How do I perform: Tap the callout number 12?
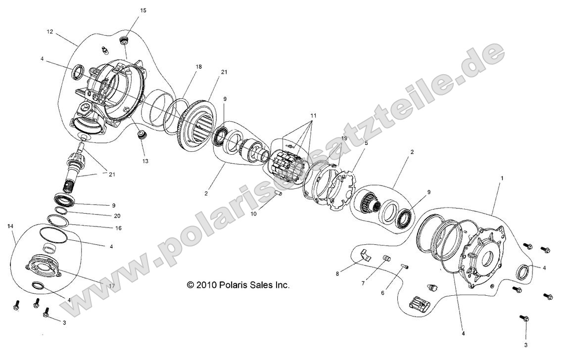[x=49, y=32]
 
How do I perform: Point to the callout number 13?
[x=144, y=161]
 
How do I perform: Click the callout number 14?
[x=10, y=225]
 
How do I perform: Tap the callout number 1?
[x=503, y=177]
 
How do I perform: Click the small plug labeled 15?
[x=125, y=39]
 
